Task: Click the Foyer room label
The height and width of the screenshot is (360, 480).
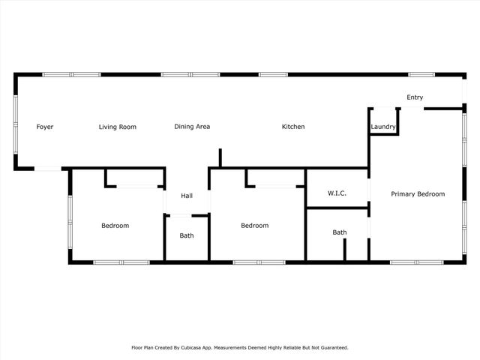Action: click(x=45, y=127)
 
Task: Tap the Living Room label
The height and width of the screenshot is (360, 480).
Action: click(x=118, y=127)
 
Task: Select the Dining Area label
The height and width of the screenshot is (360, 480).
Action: click(x=192, y=127)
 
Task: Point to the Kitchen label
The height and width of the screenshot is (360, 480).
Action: click(x=293, y=127)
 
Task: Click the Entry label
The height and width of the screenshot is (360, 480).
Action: click(x=415, y=97)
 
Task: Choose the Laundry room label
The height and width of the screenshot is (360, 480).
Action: click(x=382, y=127)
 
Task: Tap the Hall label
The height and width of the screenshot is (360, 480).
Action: click(x=187, y=196)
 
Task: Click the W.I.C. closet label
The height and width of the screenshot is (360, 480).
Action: click(x=337, y=193)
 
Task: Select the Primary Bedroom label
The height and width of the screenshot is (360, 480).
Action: click(x=418, y=193)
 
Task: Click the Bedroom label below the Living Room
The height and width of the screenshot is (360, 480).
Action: click(x=115, y=226)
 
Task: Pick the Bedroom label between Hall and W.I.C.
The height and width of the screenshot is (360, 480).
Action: click(x=254, y=226)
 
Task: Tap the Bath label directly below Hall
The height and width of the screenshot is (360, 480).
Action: click(x=187, y=235)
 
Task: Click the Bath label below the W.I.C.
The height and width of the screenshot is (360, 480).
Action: click(x=340, y=232)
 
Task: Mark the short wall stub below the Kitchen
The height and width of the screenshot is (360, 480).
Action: click(x=220, y=158)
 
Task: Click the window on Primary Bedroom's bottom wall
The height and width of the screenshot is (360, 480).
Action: click(x=414, y=262)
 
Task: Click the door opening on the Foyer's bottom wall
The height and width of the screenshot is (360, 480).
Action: click(x=47, y=169)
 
